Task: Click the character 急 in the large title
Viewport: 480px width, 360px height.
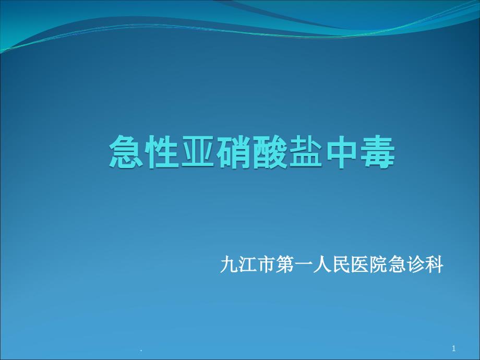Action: (126, 152)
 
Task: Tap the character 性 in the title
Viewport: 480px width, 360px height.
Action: (162, 152)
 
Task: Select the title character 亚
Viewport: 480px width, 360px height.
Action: (198, 152)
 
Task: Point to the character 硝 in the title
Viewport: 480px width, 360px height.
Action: (234, 152)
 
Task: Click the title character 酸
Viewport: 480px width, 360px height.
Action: (269, 152)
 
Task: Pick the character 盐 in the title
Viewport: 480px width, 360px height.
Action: (305, 152)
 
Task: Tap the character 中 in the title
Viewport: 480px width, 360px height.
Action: (341, 152)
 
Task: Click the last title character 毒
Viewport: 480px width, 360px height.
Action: (377, 152)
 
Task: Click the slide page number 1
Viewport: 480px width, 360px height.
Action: (454, 349)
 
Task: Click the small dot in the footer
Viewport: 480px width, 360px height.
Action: (141, 351)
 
